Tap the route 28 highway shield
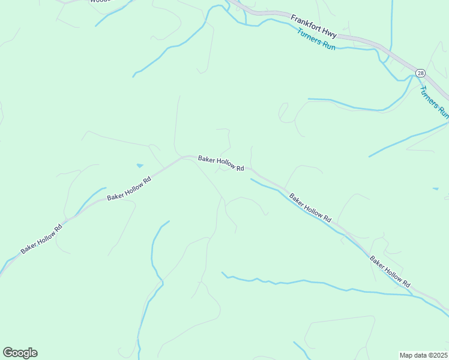[420, 73]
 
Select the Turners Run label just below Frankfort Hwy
[316, 40]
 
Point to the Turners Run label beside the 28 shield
[433, 101]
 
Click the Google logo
[20, 353]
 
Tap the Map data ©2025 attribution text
[423, 355]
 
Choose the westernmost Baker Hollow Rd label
[41, 239]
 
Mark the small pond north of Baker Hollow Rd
[140, 166]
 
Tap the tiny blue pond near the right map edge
[435, 189]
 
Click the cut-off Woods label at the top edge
[100, 2]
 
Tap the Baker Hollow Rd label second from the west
[128, 189]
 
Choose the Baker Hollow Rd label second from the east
[310, 208]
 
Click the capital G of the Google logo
[8, 353]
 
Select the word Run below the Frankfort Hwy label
[328, 46]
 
